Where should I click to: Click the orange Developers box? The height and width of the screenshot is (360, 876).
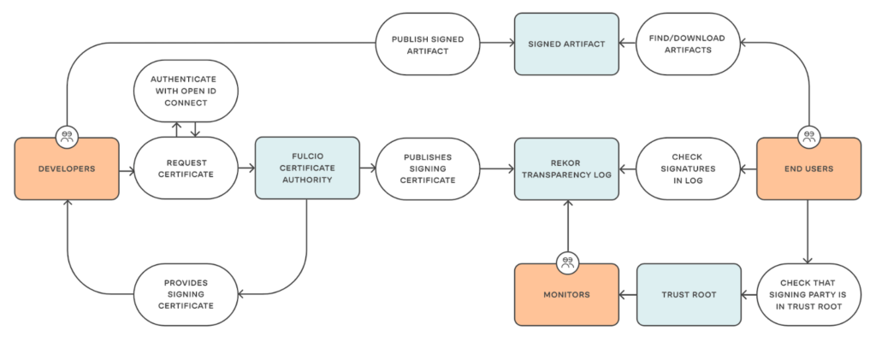(x=67, y=169)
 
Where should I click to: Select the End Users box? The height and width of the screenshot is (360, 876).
(x=808, y=169)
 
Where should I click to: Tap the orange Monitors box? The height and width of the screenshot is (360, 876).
(x=565, y=295)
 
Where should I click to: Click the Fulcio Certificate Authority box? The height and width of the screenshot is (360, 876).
(x=306, y=168)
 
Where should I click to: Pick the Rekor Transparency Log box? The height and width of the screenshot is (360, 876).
(x=565, y=169)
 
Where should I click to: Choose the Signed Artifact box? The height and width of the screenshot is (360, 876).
(x=565, y=43)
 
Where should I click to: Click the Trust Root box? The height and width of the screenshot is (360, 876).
(x=688, y=295)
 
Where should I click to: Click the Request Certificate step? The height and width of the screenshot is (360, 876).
(x=185, y=168)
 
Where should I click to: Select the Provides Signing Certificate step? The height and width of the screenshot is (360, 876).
(x=185, y=295)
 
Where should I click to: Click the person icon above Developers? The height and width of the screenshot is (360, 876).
(x=67, y=135)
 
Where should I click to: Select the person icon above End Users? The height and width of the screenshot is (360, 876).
(x=808, y=135)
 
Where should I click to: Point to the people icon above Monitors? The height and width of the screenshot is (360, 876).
(x=565, y=263)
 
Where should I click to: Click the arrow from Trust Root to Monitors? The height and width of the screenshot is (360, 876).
(x=627, y=295)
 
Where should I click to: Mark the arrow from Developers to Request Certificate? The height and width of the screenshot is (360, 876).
(x=126, y=169)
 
